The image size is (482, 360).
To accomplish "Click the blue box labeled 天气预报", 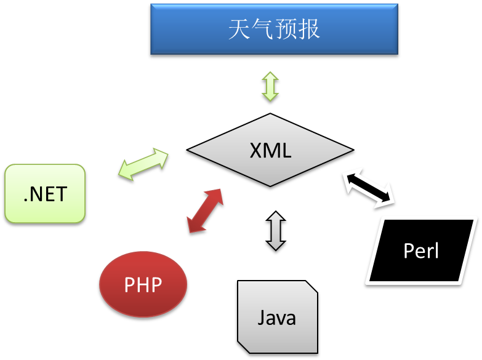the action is [274, 29].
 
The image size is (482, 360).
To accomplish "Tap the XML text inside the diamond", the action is [270, 150].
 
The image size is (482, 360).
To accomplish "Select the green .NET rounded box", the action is [45, 193].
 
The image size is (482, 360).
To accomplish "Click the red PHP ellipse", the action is [143, 284].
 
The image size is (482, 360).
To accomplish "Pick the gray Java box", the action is [277, 317].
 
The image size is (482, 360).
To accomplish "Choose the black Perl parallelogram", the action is [422, 250].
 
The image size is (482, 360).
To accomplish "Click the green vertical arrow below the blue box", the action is [270, 86].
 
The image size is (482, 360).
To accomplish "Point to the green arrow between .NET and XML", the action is [143, 164].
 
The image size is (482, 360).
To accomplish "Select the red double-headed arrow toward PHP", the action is [205, 210].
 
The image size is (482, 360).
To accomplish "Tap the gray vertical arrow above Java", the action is [276, 231].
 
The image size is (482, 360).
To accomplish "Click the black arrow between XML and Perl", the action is [369, 188].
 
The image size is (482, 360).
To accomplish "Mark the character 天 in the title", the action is [239, 29].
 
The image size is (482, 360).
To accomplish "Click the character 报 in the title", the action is [309, 29].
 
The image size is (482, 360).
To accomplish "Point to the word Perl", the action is [421, 250].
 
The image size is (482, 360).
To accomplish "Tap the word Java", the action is [276, 318].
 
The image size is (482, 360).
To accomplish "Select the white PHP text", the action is [143, 284].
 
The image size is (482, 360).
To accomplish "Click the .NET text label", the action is [45, 194].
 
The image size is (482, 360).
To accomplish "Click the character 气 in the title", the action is [262, 29].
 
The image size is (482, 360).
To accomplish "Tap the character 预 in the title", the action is [286, 29].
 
